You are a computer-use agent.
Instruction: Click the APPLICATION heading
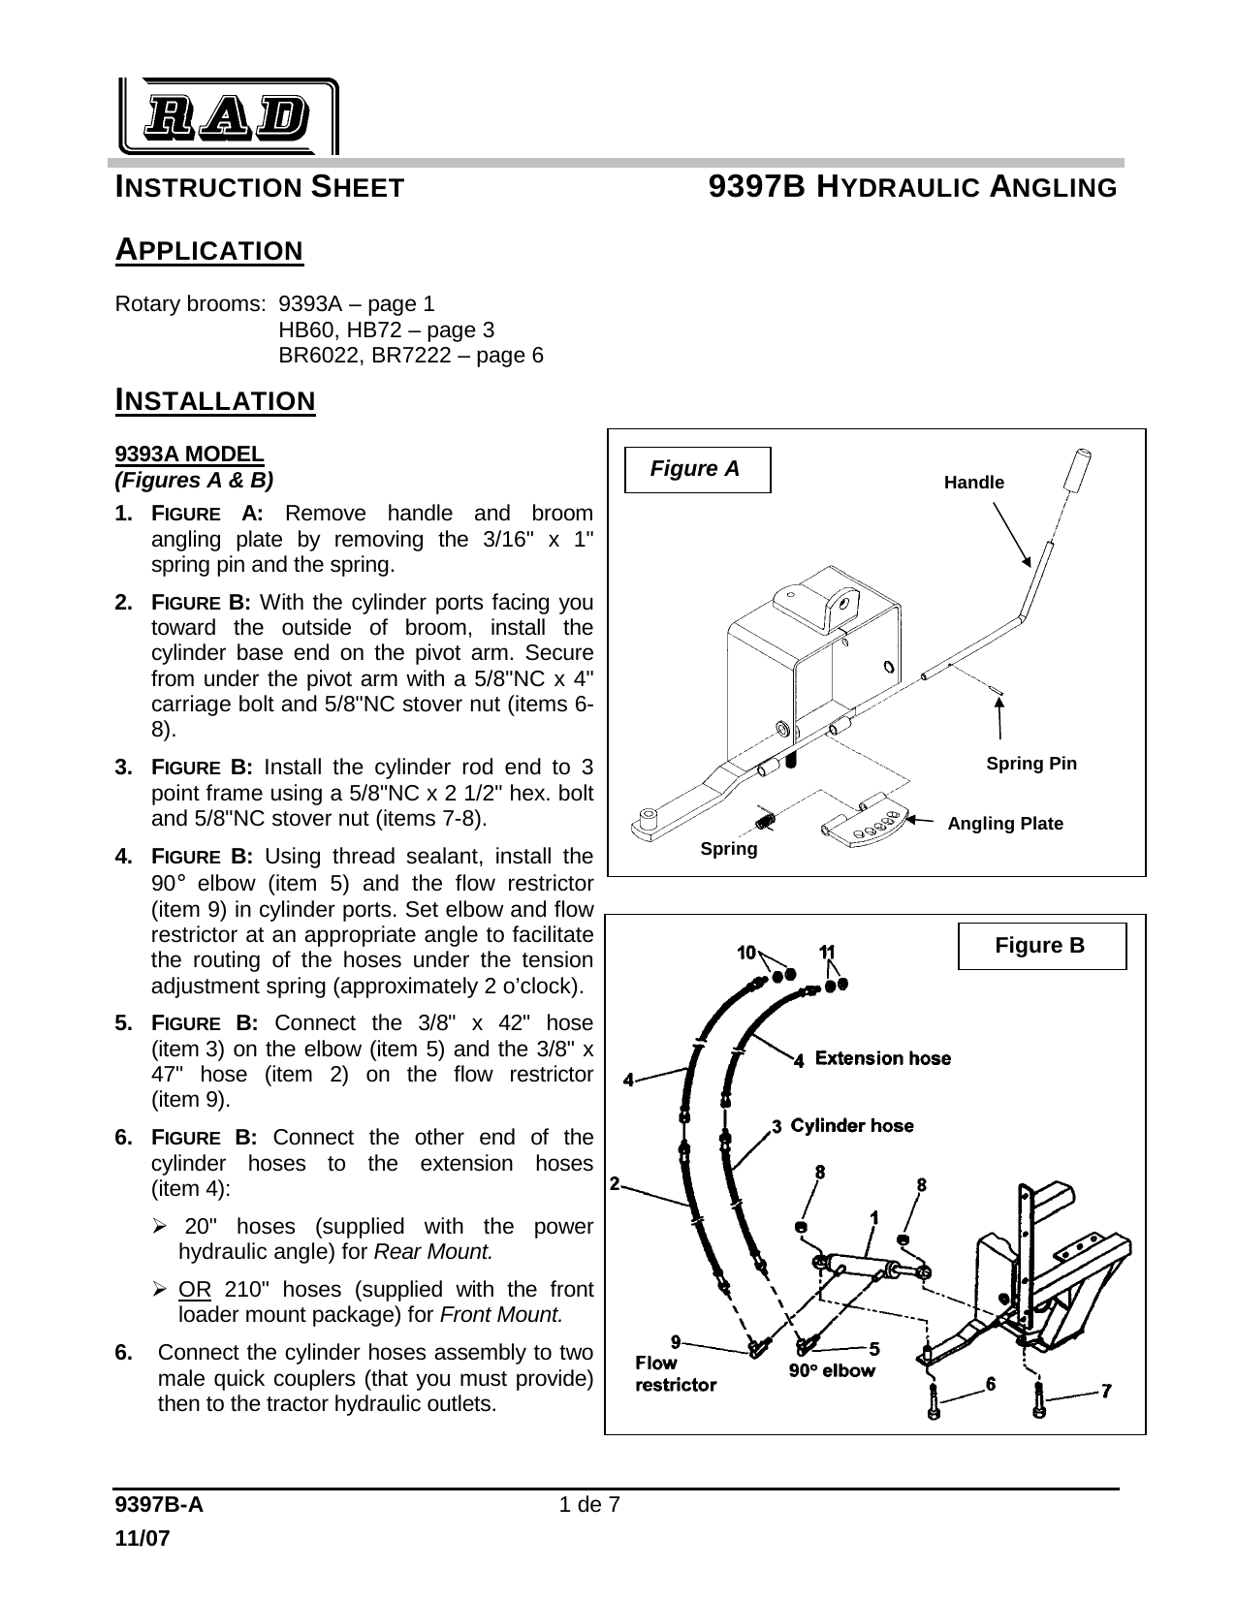click(209, 250)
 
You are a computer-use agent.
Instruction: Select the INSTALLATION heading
click(215, 399)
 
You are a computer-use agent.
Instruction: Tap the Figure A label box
click(697, 470)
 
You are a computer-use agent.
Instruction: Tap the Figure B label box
click(1041, 946)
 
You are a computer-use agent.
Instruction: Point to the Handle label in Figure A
click(973, 483)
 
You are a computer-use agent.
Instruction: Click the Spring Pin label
click(1030, 764)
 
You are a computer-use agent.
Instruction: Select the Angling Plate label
click(1004, 824)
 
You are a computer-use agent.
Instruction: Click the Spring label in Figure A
click(728, 849)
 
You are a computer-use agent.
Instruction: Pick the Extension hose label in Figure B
click(882, 1058)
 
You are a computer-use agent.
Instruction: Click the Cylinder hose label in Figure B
click(851, 1126)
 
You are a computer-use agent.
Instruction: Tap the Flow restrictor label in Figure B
click(675, 1374)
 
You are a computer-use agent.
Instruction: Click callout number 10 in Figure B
click(746, 953)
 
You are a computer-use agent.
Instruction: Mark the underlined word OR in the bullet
click(190, 1290)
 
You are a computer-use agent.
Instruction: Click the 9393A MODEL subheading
click(189, 454)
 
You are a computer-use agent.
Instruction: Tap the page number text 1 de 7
click(589, 1505)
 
